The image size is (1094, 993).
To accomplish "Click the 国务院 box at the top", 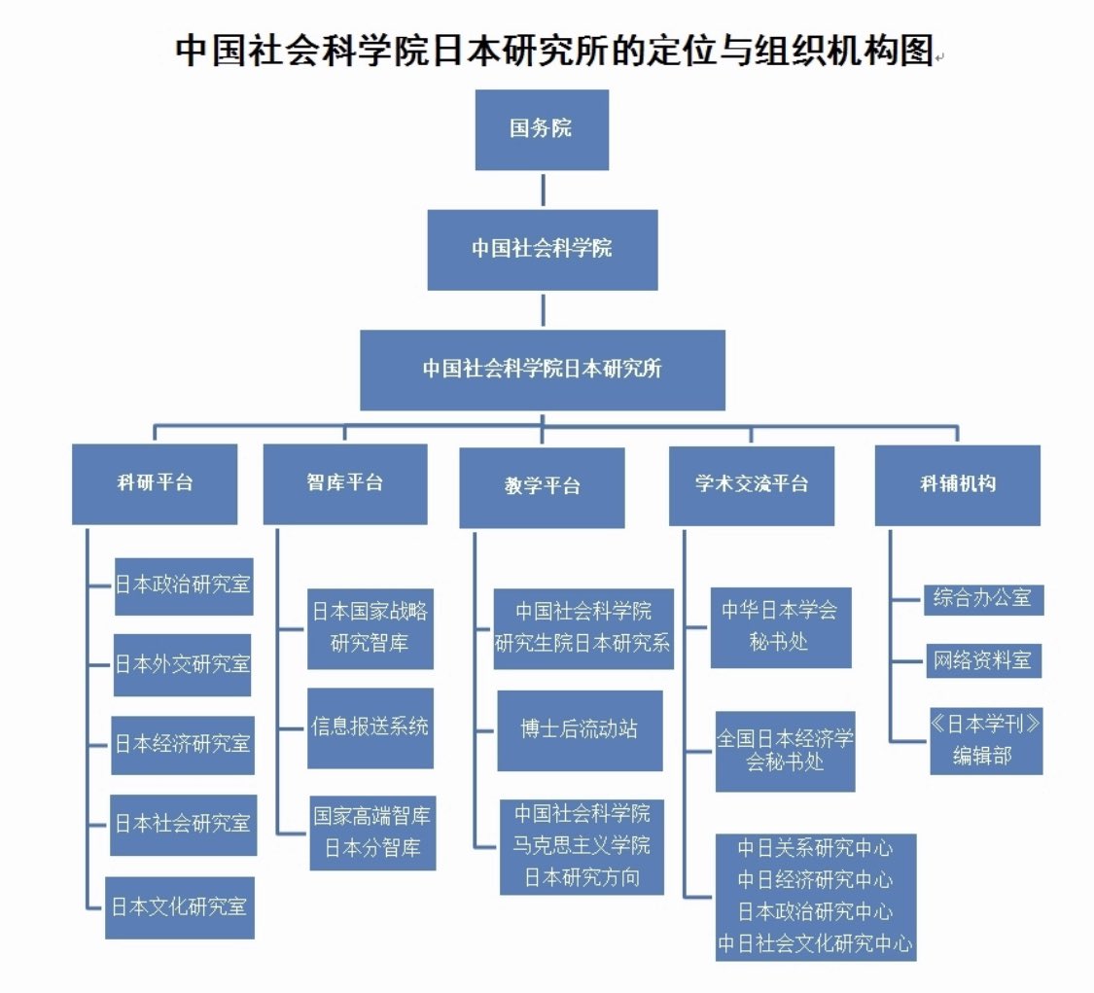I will coord(542,129).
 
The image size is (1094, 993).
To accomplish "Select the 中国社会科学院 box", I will coord(542,249).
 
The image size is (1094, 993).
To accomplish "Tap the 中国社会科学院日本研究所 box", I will coord(542,370).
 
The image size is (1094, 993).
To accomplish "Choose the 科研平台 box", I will coord(155,483).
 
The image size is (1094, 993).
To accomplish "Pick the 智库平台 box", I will coord(344,483).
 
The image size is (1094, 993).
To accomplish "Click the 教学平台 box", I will coord(542,486).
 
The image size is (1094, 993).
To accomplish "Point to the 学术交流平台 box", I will coord(751,484).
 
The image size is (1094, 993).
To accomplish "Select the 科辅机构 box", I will coord(957,484).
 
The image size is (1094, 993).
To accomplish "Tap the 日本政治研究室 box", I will coord(184,586).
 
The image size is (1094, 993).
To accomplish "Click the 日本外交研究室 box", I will coord(183,665).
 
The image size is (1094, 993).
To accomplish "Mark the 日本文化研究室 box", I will coord(180,907).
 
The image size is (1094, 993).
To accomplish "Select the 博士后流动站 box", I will coord(580,730).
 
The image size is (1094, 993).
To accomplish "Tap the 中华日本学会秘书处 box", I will coord(780,627).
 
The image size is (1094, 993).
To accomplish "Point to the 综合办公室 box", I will coord(982,598).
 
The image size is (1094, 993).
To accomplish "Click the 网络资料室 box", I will coord(982,661).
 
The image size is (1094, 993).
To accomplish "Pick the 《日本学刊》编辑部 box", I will coord(985,740).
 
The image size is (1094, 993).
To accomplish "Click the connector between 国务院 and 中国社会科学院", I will coord(542,190).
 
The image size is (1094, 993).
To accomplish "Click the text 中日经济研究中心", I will coord(815,880).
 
